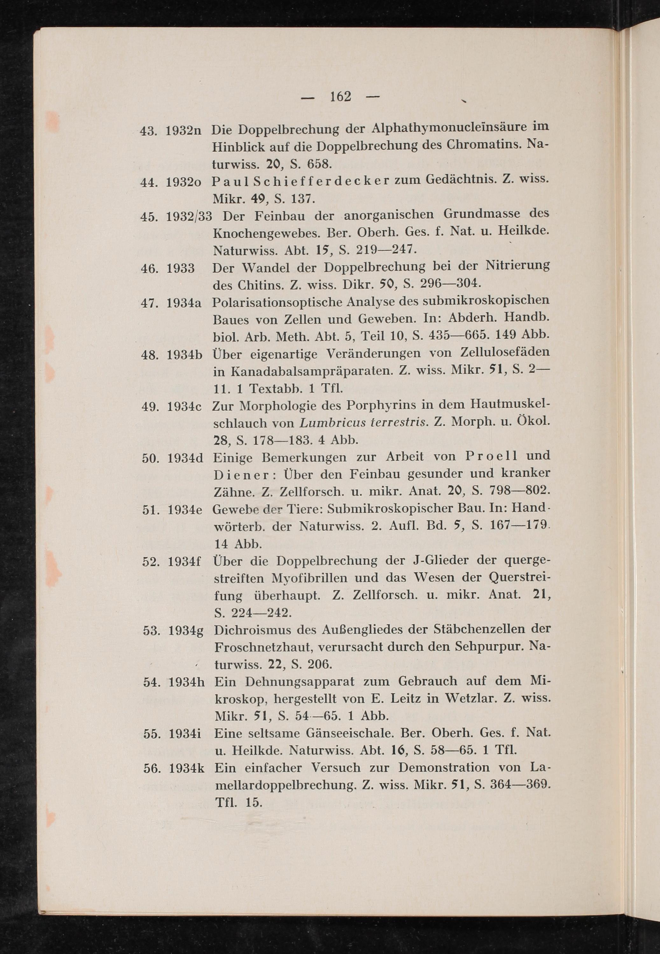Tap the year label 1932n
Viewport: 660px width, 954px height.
[183, 131]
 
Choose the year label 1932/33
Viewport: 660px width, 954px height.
[189, 216]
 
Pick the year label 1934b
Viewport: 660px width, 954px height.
[185, 355]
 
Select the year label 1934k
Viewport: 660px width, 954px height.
[187, 769]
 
